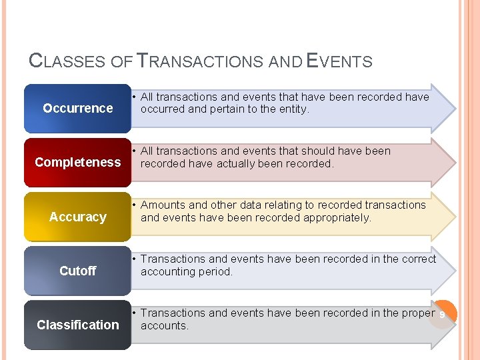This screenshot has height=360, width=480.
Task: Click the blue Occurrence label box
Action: pos(77,108)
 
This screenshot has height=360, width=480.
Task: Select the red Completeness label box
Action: pos(77,162)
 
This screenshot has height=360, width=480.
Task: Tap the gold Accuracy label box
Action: pos(77,217)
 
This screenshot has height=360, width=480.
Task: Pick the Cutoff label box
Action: pos(77,271)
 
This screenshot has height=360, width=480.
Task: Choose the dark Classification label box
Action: pos(77,325)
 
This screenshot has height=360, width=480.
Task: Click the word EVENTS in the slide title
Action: pos(339,61)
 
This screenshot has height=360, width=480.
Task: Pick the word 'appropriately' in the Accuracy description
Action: pos(337,217)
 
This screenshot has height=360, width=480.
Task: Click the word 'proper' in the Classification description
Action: pos(418,313)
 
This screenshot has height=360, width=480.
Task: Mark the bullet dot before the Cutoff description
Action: pos(134,259)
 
